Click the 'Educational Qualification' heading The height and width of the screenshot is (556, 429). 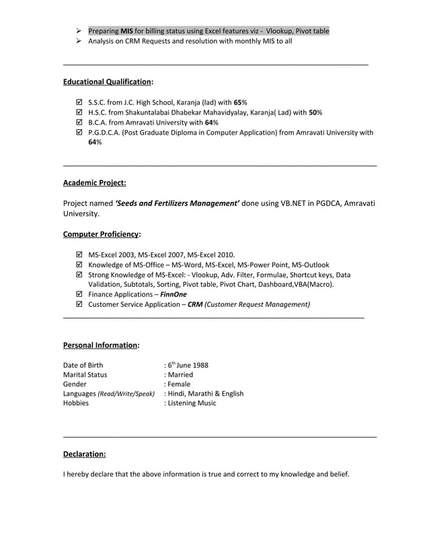coord(108,81)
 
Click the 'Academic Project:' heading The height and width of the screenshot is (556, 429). coord(94,182)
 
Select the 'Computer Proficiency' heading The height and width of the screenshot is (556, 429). coord(102,234)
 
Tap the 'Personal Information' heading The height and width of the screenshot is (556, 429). coord(101,345)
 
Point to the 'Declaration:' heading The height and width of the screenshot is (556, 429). coord(84,454)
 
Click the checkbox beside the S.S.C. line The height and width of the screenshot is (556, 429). coord(79,102)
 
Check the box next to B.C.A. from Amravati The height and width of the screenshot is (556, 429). coord(79,123)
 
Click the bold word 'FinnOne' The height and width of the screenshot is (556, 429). coord(173,294)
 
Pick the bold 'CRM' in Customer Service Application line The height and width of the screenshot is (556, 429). coord(195,304)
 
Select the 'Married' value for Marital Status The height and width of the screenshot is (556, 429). coord(180,374)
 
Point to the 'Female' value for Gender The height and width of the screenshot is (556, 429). coord(179,384)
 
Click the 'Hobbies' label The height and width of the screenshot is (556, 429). coord(76,403)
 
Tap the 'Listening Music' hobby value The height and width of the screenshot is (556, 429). coord(192,403)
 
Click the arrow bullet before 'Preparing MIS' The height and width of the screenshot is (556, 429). coord(79,31)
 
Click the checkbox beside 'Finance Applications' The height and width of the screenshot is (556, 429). coord(79,294)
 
